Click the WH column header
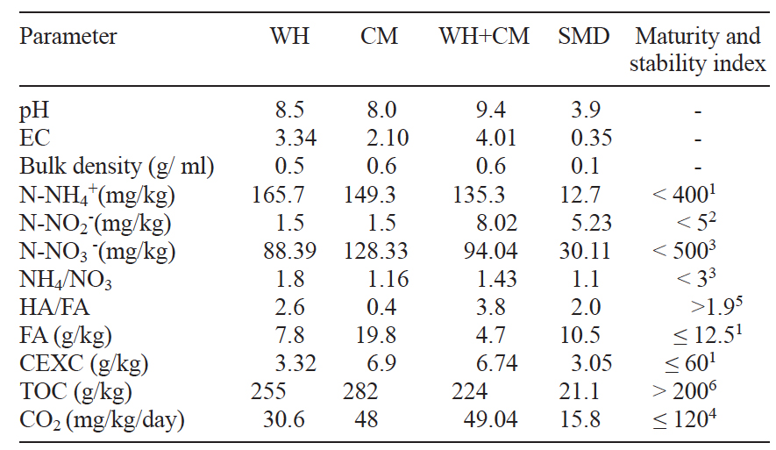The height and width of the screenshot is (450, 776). coord(289,37)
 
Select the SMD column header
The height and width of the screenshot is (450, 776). coord(584,37)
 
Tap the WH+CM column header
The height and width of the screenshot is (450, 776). coord(485,37)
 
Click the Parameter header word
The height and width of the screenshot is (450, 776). coord(68,37)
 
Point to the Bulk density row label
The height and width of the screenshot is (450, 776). coord(117,166)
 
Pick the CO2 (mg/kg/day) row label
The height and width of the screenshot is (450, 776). coord(102,421)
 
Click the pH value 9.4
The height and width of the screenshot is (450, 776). coord(484,111)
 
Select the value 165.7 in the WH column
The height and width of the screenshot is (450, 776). coord(289,194)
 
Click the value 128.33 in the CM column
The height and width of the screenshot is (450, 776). coord(378,250)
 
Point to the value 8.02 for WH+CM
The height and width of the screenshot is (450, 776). coord(484,222)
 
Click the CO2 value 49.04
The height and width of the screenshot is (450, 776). coord(484,421)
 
